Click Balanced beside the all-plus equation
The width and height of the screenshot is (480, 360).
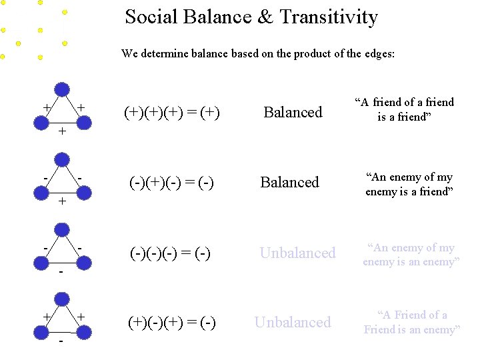click(x=293, y=112)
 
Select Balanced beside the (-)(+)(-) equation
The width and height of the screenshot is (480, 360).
click(x=290, y=182)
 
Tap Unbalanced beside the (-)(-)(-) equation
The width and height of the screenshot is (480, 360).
click(x=297, y=253)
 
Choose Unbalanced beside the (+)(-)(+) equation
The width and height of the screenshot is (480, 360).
click(x=293, y=323)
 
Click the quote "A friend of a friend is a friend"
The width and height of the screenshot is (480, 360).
click(x=404, y=109)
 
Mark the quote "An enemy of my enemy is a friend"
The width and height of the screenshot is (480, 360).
click(x=409, y=184)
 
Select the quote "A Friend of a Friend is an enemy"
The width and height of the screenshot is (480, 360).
click(x=411, y=322)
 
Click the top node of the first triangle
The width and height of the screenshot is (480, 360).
click(x=62, y=89)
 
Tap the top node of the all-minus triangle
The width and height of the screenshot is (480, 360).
click(x=62, y=229)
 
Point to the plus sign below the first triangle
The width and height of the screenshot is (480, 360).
click(x=62, y=131)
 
